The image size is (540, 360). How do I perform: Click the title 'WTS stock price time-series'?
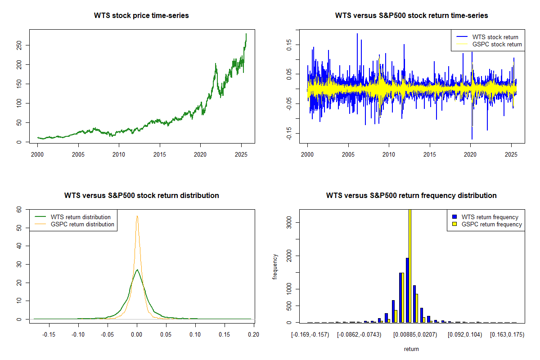pyautogui.click(x=141, y=16)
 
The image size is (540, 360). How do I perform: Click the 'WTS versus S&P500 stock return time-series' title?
pyautogui.click(x=411, y=16)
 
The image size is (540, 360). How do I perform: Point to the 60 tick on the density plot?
pyautogui.click(x=19, y=209)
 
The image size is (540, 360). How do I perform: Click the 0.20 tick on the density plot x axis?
pyautogui.click(x=254, y=335)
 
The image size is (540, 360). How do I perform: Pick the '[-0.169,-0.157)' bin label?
pyautogui.click(x=310, y=335)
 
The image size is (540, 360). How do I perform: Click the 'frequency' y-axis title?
pyautogui.click(x=275, y=266)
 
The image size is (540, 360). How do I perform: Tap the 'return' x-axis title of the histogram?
pyautogui.click(x=411, y=349)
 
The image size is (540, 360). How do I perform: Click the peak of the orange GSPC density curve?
pyautogui.click(x=137, y=216)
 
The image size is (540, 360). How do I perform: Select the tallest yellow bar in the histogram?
pyautogui.click(x=410, y=265)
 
